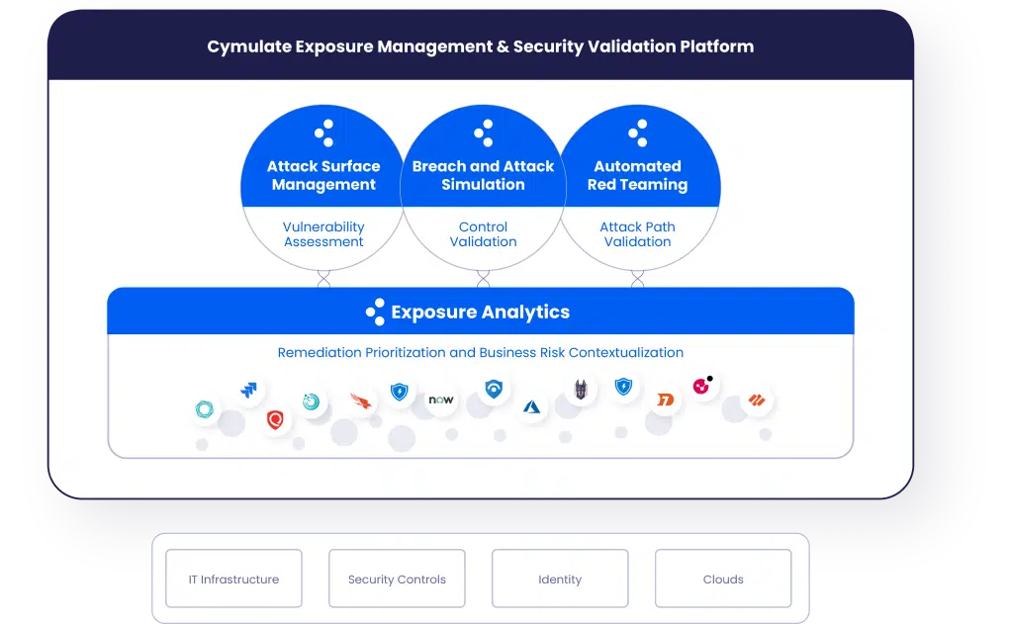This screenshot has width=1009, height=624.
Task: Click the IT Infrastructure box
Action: pyautogui.click(x=233, y=579)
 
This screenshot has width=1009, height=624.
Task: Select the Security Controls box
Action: pyautogui.click(x=397, y=579)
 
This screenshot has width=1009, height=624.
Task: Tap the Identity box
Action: pyautogui.click(x=560, y=579)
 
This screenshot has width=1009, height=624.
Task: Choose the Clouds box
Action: pyautogui.click(x=723, y=579)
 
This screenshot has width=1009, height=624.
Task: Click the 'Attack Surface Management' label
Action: pyautogui.click(x=323, y=175)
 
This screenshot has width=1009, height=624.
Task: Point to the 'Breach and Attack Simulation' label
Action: pyautogui.click(x=483, y=175)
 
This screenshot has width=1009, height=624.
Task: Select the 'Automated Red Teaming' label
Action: pyautogui.click(x=637, y=175)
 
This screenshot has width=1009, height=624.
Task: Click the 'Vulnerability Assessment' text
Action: pyautogui.click(x=323, y=234)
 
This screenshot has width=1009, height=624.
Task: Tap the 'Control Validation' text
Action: pyautogui.click(x=483, y=234)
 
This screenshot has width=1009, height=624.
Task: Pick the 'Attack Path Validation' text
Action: pyautogui.click(x=637, y=234)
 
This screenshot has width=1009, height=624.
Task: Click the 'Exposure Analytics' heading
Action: pyautogui.click(x=480, y=312)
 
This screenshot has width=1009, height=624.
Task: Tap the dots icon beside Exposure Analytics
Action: pyautogui.click(x=375, y=312)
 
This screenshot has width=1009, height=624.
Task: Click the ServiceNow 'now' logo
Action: pyautogui.click(x=441, y=400)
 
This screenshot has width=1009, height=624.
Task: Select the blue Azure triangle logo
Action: pyautogui.click(x=531, y=406)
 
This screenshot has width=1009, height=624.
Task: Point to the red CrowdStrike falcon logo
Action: pyautogui.click(x=362, y=400)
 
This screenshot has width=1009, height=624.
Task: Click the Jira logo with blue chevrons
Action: pyautogui.click(x=249, y=390)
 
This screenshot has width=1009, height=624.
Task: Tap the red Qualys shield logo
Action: pyautogui.click(x=276, y=420)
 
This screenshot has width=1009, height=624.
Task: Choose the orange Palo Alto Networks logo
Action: pyautogui.click(x=759, y=401)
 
